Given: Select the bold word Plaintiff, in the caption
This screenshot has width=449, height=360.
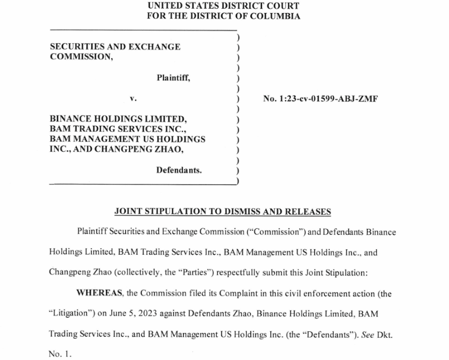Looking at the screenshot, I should (x=173, y=78).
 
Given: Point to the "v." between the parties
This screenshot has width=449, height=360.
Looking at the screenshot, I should (x=133, y=98).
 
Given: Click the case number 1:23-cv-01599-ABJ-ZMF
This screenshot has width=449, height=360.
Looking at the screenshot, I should (x=321, y=99).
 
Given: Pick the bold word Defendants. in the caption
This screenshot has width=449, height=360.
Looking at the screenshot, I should (x=179, y=170).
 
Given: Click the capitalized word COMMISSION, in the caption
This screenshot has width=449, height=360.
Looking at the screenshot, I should (x=81, y=57).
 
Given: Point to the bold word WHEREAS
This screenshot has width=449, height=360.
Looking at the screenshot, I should (x=100, y=294).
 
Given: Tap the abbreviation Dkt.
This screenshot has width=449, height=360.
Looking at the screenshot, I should (x=384, y=334).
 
